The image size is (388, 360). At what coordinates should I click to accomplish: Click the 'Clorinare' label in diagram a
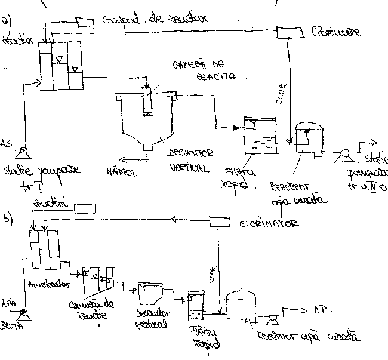point(335,32)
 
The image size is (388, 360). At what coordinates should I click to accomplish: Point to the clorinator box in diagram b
point(221,223)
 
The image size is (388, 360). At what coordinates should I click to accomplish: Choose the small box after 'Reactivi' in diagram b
point(84,208)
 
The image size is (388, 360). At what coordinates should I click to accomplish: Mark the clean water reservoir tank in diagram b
point(242,304)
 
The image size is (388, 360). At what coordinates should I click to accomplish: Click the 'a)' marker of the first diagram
point(7,20)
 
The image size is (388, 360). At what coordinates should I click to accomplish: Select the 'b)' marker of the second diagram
point(8,217)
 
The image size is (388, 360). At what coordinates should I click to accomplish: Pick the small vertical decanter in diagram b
point(147,293)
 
